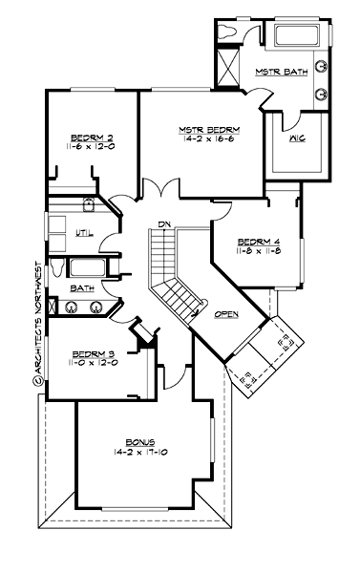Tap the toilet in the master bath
click(x=226, y=32)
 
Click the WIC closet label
click(x=297, y=138)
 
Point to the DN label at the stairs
click(x=164, y=223)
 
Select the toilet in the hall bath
click(x=58, y=265)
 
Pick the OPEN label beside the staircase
click(x=226, y=313)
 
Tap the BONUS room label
click(x=140, y=442)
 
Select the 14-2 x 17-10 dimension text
click(x=140, y=452)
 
